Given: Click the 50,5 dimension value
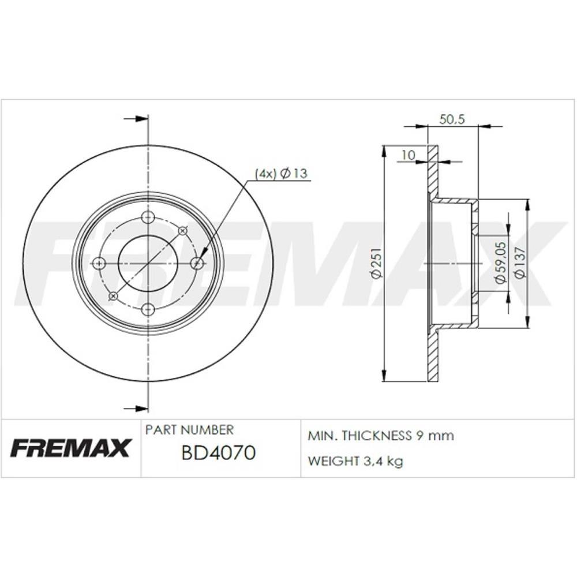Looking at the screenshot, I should (452, 119).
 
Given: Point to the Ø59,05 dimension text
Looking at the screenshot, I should (501, 263).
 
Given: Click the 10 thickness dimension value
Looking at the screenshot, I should (408, 155).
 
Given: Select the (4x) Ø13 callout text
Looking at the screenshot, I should (280, 174).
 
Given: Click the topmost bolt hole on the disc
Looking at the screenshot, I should (148, 218).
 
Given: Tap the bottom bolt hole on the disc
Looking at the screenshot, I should (148, 309).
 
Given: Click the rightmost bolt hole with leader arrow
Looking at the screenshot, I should (197, 263).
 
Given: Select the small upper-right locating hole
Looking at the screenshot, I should (183, 231).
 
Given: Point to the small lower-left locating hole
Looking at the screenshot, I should (114, 296).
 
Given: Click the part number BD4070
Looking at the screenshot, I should (218, 454).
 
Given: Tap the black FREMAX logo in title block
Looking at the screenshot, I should (70, 448).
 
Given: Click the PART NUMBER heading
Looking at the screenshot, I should (189, 430).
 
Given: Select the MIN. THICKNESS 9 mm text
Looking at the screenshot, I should (381, 436).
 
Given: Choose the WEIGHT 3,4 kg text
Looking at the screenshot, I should (355, 461).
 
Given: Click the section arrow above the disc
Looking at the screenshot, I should (136, 119).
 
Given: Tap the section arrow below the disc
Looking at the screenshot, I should (136, 409).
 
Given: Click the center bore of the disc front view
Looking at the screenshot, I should (148, 263).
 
